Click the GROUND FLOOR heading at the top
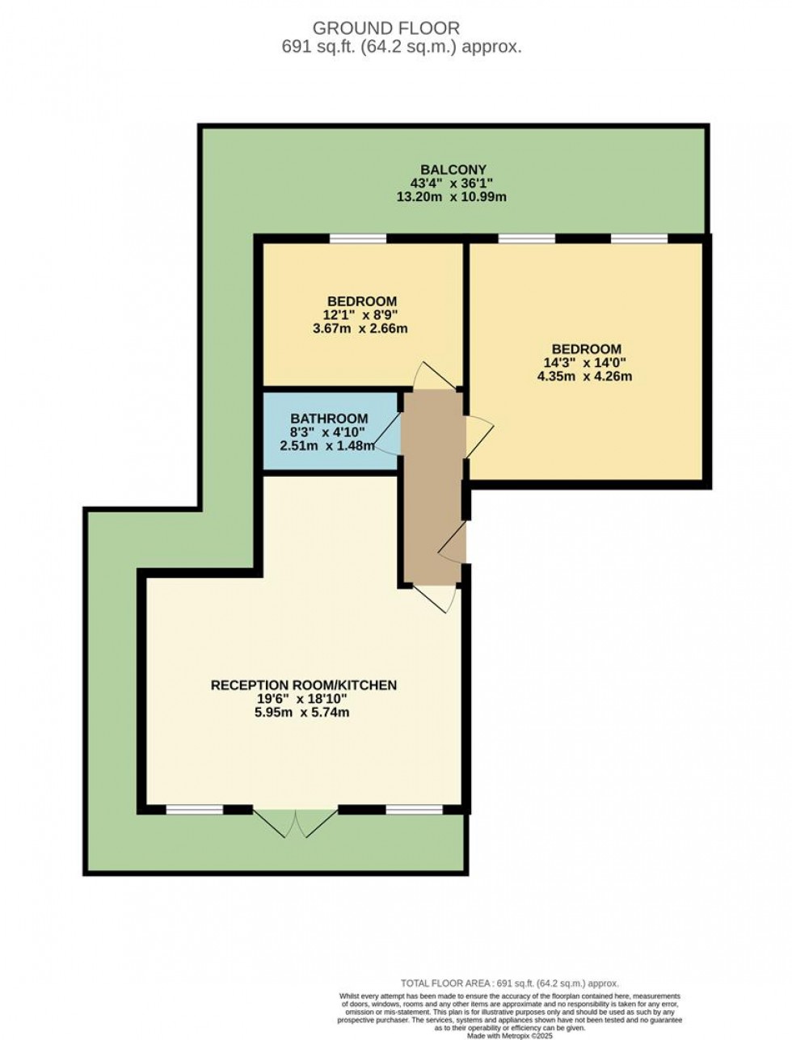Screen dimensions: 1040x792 pos(401,29)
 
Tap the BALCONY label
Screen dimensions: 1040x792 pos(453,169)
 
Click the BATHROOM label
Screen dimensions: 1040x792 pos(329,419)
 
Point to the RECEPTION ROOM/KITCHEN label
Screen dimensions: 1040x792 pos(304,685)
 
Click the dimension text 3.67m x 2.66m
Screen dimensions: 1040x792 pos(361,329)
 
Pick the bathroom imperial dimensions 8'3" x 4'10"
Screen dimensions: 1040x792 pos(329,432)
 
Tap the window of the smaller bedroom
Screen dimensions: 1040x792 pos(357,238)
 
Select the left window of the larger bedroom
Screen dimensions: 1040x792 pos(526,238)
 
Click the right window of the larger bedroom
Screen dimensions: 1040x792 pos(638,238)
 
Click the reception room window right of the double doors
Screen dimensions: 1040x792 pos(414,808)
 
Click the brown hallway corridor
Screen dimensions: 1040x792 pos(432,485)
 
